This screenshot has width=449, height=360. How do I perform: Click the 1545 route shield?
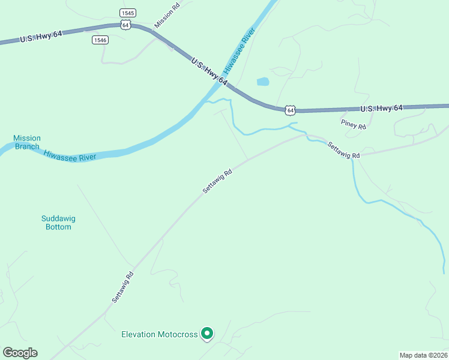pyautogui.click(x=128, y=13)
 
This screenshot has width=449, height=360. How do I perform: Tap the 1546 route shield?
pyautogui.click(x=100, y=40)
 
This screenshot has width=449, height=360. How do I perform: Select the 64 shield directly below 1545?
pyautogui.click(x=125, y=24)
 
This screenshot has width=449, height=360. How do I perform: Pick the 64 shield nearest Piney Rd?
pyautogui.click(x=290, y=110)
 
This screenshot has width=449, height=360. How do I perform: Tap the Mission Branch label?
pyautogui.click(x=26, y=142)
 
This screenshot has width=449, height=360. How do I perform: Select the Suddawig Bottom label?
pyautogui.click(x=58, y=223)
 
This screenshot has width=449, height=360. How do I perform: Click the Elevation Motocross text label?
pyautogui.click(x=160, y=334)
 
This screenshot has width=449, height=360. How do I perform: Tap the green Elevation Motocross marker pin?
pyautogui.click(x=207, y=332)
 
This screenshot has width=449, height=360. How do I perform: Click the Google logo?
pyautogui.click(x=20, y=353)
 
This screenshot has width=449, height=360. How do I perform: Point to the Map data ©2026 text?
pyautogui.click(x=424, y=355)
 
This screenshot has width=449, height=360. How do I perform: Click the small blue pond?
pyautogui.click(x=263, y=82)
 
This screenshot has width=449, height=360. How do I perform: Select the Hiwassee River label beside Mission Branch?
pyautogui.click(x=70, y=156)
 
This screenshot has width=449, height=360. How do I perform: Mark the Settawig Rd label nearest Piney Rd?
pyautogui.click(x=343, y=150)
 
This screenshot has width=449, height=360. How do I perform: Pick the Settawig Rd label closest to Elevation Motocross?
pyautogui.click(x=122, y=286)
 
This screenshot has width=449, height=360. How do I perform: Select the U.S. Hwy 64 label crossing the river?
pyautogui.click(x=209, y=71)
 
